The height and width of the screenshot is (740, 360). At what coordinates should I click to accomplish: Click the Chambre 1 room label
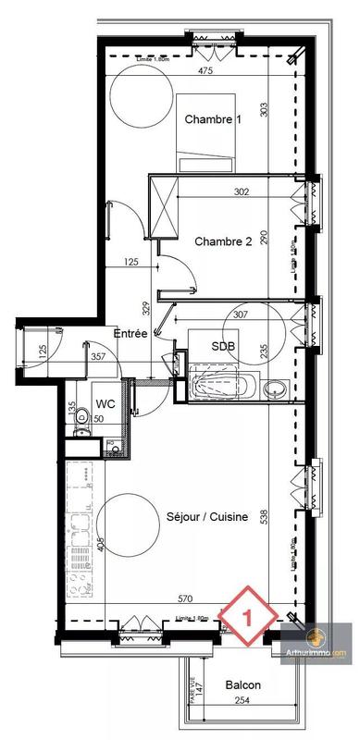pyautogui.click(x=213, y=119)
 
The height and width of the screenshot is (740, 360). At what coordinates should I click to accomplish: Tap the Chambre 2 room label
pyautogui.click(x=223, y=241)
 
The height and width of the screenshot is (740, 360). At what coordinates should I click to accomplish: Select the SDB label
pyautogui.click(x=223, y=346)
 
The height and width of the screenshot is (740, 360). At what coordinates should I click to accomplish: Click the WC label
pyautogui.click(x=105, y=403)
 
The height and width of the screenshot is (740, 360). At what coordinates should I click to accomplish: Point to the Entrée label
pyautogui.click(x=130, y=332)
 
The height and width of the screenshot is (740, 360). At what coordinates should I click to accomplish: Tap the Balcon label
pyautogui.click(x=242, y=685)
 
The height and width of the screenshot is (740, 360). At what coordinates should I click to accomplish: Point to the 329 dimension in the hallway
pyautogui.click(x=145, y=307)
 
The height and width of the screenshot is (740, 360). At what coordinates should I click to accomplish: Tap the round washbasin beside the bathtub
pyautogui.click(x=274, y=388)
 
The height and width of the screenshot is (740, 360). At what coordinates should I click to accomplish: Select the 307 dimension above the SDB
pyautogui.click(x=242, y=314)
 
